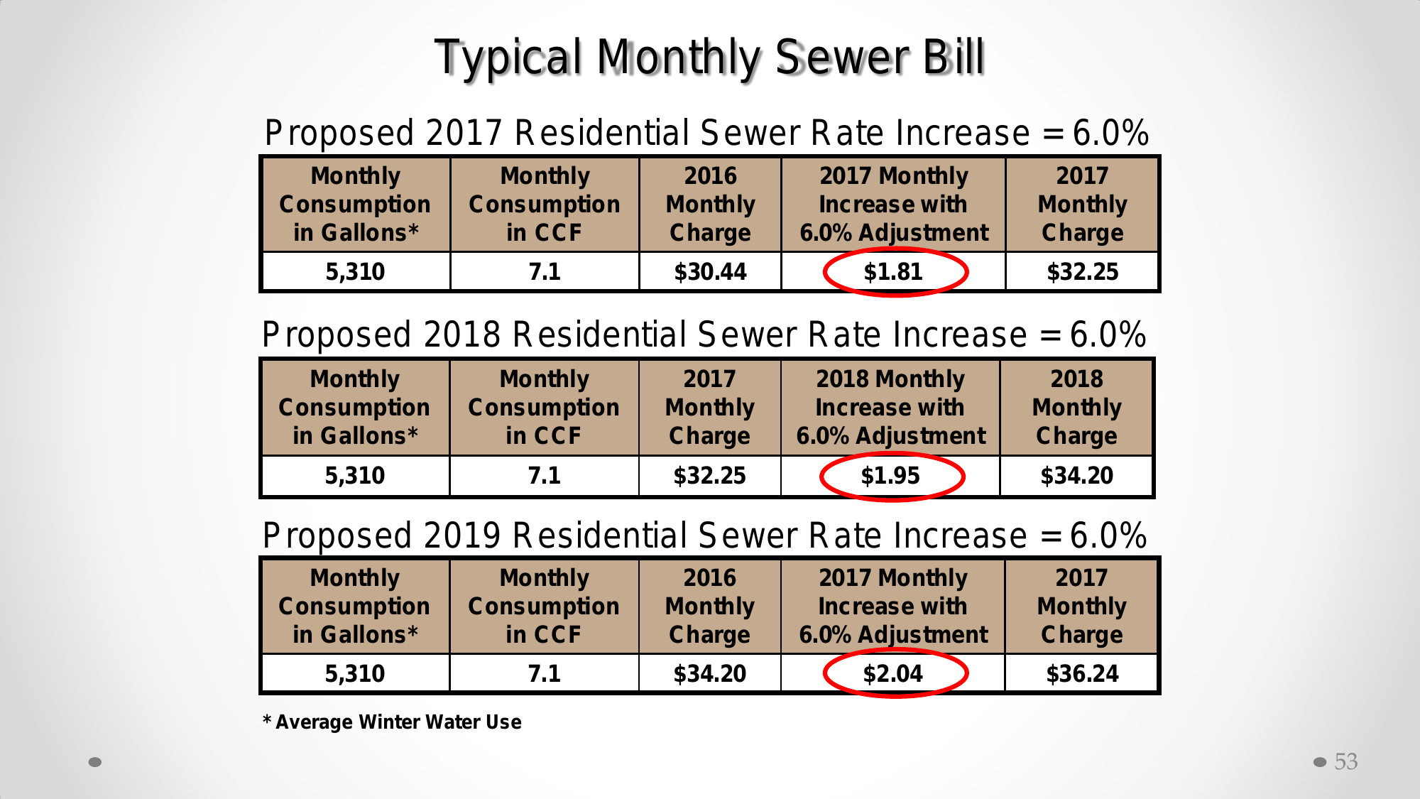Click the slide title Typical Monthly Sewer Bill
click(x=709, y=57)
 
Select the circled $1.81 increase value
click(x=893, y=271)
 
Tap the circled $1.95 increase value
click(x=890, y=475)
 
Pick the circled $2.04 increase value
click(x=893, y=673)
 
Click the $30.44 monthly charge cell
click(x=710, y=271)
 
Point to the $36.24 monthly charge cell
click(x=1082, y=673)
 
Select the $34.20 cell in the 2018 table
click(x=1076, y=475)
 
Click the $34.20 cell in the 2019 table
click(x=710, y=673)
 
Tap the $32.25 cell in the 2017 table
click(x=1082, y=271)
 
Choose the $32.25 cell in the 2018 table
click(x=710, y=475)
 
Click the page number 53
click(x=1345, y=761)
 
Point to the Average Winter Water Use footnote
click(x=393, y=722)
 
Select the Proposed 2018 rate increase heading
click(x=704, y=335)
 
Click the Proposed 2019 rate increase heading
click(x=704, y=536)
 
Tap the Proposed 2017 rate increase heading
click(x=706, y=133)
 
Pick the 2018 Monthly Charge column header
click(x=1076, y=407)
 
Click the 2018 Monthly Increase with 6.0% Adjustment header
click(x=890, y=407)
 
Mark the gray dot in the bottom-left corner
click(x=95, y=762)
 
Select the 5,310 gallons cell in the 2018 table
click(x=355, y=475)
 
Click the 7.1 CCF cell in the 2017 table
click(x=545, y=271)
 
